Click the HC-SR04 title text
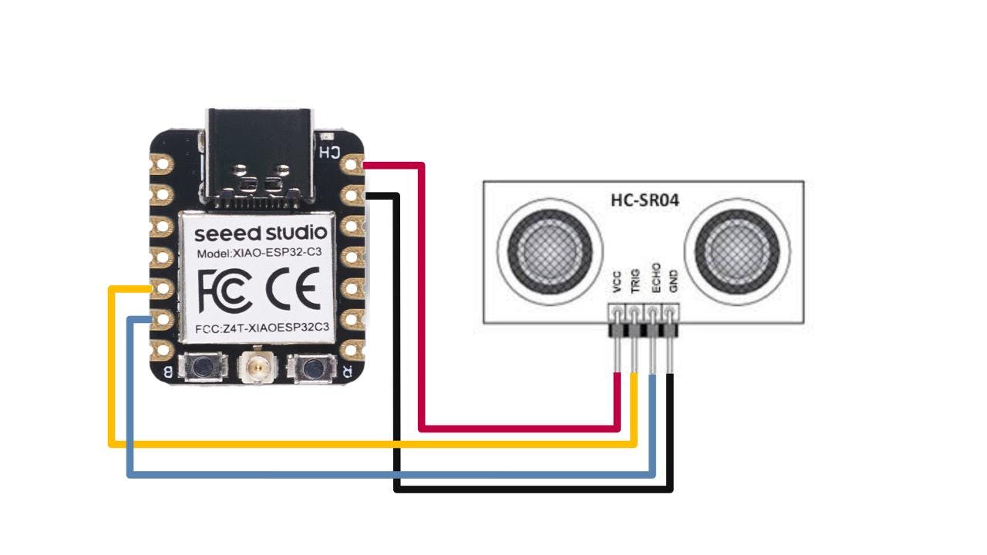point(644,202)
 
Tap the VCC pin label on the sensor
point(616,284)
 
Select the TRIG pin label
point(635,283)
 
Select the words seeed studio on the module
point(261,233)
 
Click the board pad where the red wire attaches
point(354,164)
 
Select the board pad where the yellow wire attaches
point(163,288)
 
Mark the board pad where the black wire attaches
point(354,195)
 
